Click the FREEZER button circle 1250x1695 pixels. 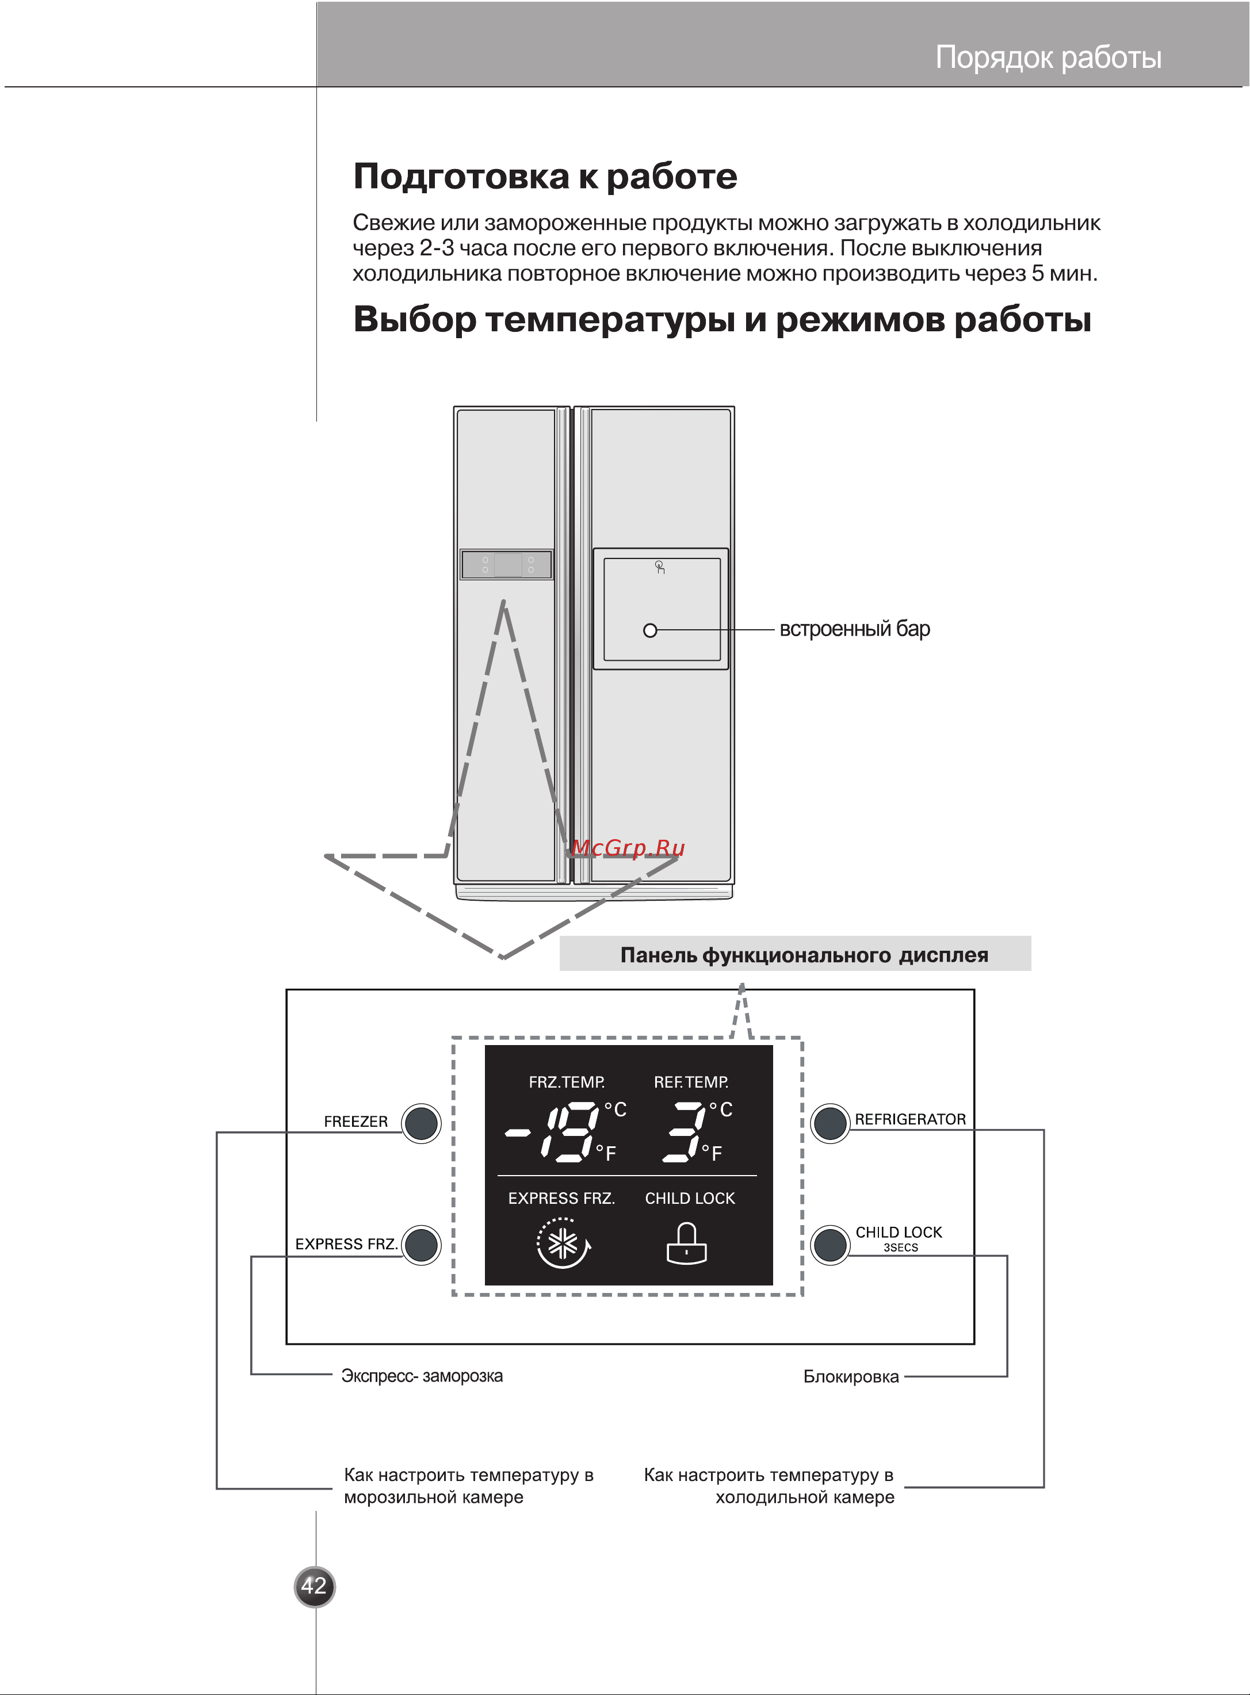click(x=422, y=1123)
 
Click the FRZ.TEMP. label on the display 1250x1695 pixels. click(x=566, y=1082)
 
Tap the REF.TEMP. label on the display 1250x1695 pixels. click(x=691, y=1082)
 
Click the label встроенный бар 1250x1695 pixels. click(x=854, y=629)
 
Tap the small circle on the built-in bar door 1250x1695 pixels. click(x=650, y=630)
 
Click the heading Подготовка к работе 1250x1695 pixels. click(x=545, y=176)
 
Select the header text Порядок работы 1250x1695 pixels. click(x=1048, y=58)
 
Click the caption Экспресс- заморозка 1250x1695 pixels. click(x=422, y=1376)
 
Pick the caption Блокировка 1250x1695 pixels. click(x=851, y=1376)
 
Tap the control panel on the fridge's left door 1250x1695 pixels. click(x=507, y=565)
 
